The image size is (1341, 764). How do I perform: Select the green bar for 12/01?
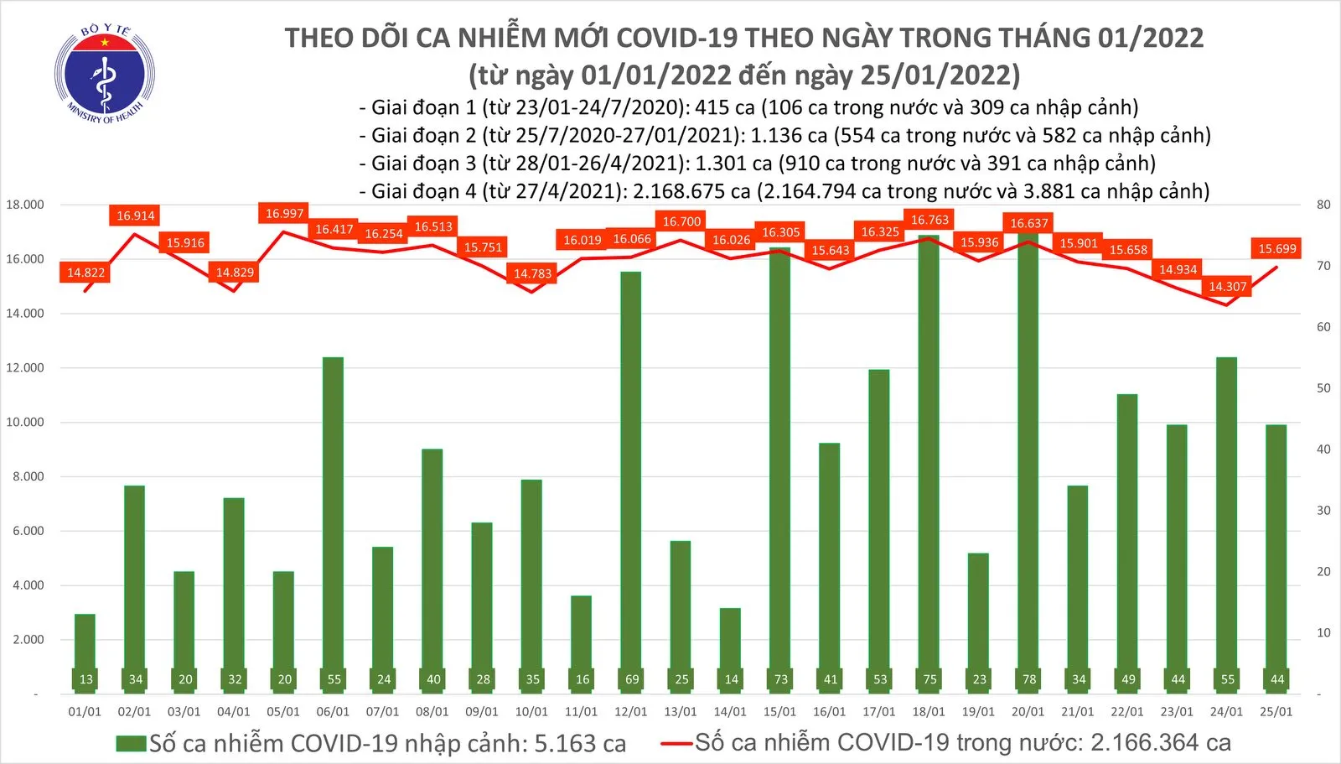[631, 470]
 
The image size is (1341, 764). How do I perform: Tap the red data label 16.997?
[284, 214]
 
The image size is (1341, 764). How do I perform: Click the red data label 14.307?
[1227, 287]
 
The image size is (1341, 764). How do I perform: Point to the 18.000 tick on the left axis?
[25, 205]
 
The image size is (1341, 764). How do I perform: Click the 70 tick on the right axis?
[1323, 266]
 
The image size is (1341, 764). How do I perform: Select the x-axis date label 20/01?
[1028, 712]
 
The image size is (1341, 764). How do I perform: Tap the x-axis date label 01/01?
[85, 712]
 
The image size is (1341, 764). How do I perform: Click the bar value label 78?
[1029, 679]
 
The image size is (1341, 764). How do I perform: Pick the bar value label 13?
[85, 679]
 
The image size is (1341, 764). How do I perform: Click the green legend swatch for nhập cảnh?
[131, 744]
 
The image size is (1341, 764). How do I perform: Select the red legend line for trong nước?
[676, 743]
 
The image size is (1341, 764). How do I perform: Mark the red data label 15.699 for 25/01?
[1276, 248]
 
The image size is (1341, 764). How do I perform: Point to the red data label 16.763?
[929, 220]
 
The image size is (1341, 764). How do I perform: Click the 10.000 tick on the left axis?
[25, 422]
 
